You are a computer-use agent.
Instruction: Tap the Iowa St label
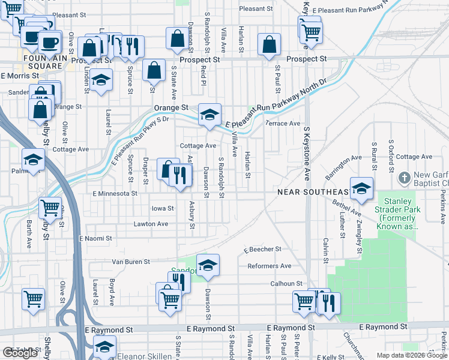tap(162, 209)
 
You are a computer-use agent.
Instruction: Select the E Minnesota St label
tap(115, 194)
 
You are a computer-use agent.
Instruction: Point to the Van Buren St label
tap(131, 262)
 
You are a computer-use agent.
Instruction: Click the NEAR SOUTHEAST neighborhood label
tap(313, 192)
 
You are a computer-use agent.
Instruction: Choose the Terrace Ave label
tap(283, 124)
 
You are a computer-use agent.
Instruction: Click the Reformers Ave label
tap(268, 266)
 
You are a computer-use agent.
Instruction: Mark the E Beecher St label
tap(262, 249)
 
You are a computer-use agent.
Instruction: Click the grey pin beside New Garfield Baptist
tap(404, 178)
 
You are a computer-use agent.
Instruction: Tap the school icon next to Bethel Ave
tap(362, 188)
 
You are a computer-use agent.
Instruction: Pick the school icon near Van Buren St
tap(208, 266)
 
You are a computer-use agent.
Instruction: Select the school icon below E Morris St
tap(101, 82)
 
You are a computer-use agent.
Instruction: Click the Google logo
tap(20, 353)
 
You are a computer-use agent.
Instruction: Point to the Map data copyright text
tap(412, 355)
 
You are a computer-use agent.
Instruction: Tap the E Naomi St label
tap(96, 239)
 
